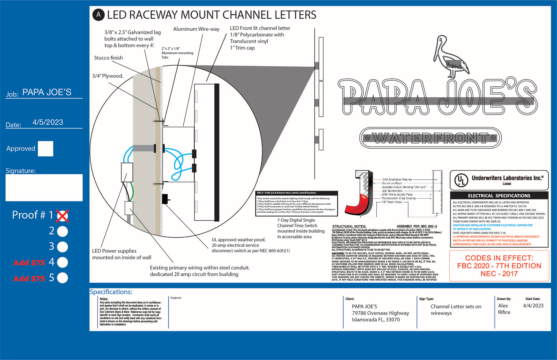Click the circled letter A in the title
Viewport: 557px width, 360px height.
99,15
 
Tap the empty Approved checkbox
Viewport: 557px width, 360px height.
46,149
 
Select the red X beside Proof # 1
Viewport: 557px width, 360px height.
63,216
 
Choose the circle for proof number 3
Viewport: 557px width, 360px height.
62,247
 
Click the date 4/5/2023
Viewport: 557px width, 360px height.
48,122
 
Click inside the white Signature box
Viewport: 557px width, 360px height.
44,188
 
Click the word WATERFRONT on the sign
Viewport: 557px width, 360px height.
431,138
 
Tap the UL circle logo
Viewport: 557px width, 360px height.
461,180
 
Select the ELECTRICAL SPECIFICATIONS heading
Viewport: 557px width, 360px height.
499,196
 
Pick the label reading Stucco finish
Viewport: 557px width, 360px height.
108,58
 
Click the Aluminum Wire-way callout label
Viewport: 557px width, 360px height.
196,29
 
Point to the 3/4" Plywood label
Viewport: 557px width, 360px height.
108,76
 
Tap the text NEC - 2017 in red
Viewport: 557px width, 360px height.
499,274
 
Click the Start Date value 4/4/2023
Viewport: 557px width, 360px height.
533,306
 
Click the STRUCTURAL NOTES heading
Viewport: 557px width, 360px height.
349,226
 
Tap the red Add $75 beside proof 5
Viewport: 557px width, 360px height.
29,279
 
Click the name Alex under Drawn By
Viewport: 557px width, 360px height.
503,306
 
